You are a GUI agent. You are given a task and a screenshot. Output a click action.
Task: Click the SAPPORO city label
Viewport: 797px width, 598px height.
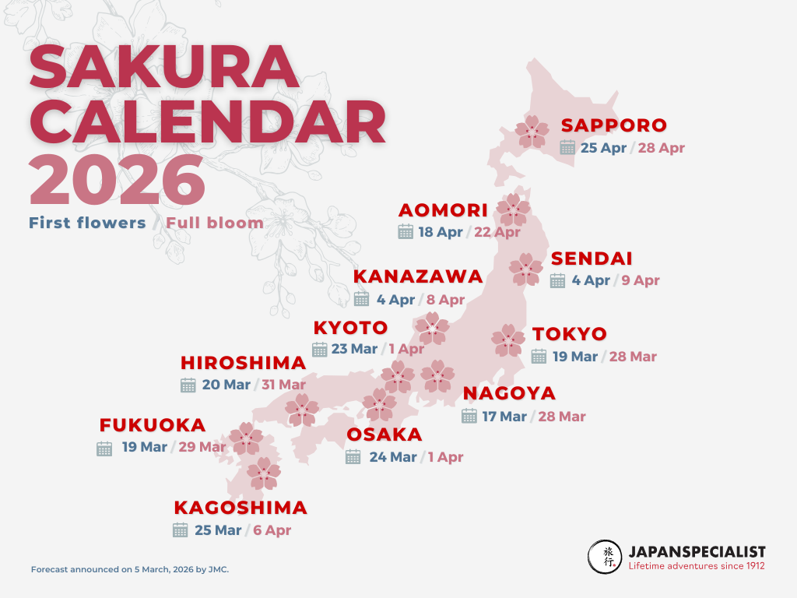[x=614, y=125]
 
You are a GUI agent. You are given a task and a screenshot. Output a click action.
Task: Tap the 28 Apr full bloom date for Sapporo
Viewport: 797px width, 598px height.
[x=661, y=148]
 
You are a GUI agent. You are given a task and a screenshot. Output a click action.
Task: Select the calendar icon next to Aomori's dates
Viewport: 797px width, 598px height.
[x=406, y=231]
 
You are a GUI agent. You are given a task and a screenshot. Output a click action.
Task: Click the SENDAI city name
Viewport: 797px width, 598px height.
[x=592, y=259]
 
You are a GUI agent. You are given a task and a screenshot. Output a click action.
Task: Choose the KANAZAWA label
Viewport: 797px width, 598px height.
[x=418, y=277]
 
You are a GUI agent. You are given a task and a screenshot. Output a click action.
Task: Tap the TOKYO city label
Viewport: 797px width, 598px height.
[x=570, y=335]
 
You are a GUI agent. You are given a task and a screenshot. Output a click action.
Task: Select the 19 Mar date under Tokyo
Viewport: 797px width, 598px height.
[x=575, y=357]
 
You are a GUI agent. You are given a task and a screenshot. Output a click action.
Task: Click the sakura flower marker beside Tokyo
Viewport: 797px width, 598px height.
[x=508, y=340]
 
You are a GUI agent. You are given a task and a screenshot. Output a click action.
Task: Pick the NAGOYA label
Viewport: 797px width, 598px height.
[x=509, y=393]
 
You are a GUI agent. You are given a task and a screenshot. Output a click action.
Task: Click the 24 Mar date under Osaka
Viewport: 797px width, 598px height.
[x=393, y=457]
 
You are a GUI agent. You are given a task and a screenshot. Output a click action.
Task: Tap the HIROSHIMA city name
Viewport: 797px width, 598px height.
[x=243, y=363]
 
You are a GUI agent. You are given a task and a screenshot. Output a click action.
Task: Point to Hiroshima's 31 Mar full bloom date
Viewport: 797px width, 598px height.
[x=283, y=385]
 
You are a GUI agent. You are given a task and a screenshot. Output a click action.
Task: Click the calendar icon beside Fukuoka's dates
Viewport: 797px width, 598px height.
[x=104, y=448]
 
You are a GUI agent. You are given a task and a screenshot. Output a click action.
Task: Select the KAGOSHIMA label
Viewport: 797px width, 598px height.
[x=241, y=508]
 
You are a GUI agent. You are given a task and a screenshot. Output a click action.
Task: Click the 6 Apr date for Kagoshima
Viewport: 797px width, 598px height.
[x=272, y=530]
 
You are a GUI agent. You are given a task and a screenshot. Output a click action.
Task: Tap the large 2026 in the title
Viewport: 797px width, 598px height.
[x=118, y=181]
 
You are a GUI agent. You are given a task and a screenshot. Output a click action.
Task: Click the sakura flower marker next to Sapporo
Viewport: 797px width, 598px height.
[x=533, y=132]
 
